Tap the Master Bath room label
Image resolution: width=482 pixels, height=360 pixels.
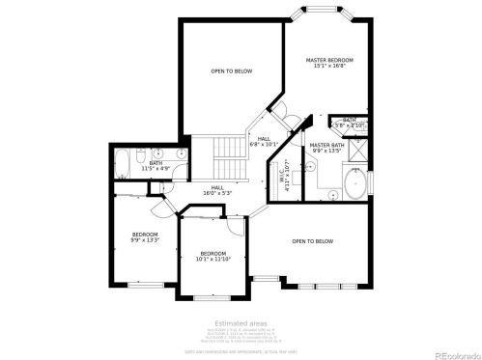(326, 148)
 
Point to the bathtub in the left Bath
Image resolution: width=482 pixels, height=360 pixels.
(123, 164)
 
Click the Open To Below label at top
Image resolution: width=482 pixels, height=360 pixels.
(232, 70)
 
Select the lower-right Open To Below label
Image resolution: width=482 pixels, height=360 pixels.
(313, 240)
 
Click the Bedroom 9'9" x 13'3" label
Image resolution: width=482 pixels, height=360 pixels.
(145, 236)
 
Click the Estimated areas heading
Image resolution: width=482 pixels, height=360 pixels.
(240, 322)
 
